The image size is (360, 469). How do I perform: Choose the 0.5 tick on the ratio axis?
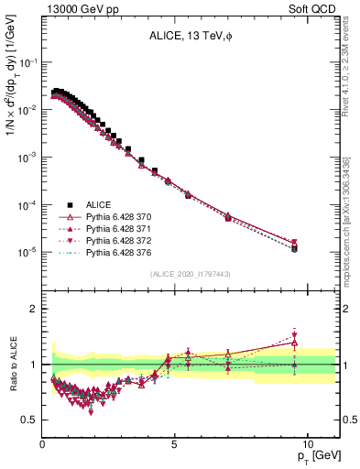29,420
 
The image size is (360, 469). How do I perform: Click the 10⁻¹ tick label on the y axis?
27,62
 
